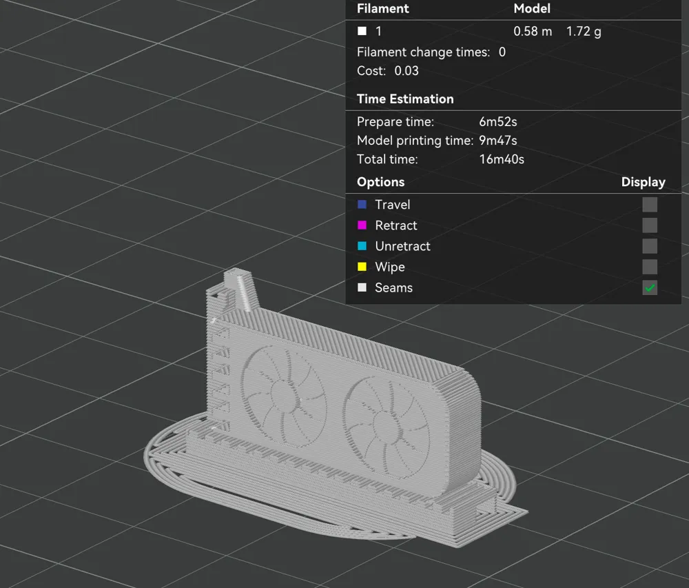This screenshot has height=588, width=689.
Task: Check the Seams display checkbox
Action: (650, 287)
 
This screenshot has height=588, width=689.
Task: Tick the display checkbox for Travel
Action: (650, 205)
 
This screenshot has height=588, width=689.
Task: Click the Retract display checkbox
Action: (650, 225)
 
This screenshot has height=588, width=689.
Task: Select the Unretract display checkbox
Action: (650, 246)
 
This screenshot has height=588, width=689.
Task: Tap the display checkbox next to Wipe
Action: (650, 267)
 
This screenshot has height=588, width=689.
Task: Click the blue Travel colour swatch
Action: (362, 205)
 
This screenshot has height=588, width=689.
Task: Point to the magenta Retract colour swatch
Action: (362, 225)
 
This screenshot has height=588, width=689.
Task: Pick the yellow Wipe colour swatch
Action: (362, 267)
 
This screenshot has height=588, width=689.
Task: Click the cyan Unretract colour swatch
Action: (362, 246)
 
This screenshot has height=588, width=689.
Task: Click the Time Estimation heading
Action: (405, 99)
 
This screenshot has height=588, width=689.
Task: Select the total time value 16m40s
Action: (502, 159)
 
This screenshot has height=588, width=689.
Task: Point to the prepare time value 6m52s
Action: (498, 122)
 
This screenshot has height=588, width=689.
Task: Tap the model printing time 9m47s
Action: (498, 141)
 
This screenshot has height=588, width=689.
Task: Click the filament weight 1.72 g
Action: (584, 31)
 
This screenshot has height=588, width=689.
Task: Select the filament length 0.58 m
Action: (533, 31)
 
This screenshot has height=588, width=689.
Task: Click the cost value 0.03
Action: (407, 70)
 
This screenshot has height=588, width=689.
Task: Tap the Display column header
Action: (643, 182)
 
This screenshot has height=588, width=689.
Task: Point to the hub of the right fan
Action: (380, 421)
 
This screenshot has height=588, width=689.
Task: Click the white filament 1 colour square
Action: (362, 31)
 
